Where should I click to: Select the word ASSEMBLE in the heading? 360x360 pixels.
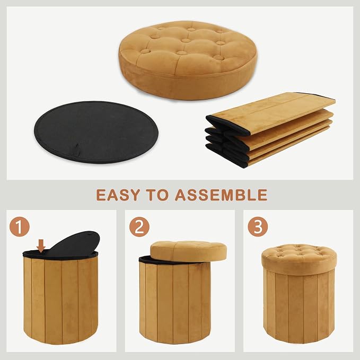pyautogui.click(x=221, y=195)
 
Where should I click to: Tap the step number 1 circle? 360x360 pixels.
pyautogui.click(x=20, y=226)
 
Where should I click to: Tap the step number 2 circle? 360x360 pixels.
pyautogui.click(x=139, y=226)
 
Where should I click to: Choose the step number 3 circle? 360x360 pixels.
pyautogui.click(x=258, y=226)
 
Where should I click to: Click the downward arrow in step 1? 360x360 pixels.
pyautogui.click(x=41, y=245)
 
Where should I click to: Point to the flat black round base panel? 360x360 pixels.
pyautogui.click(x=96, y=132)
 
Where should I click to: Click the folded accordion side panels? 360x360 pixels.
pyautogui.click(x=270, y=130)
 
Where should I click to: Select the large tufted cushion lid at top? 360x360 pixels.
pyautogui.click(x=188, y=60)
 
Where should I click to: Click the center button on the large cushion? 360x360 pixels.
pyautogui.click(x=186, y=41)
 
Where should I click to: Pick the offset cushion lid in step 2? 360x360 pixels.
pyautogui.click(x=189, y=251)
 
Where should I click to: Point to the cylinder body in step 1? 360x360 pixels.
pyautogui.click(x=60, y=300)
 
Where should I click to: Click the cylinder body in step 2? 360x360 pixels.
pyautogui.click(x=175, y=303)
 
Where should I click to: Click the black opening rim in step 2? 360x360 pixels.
pyautogui.click(x=156, y=260)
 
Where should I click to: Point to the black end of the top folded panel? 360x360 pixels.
pyautogui.click(x=227, y=125)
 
